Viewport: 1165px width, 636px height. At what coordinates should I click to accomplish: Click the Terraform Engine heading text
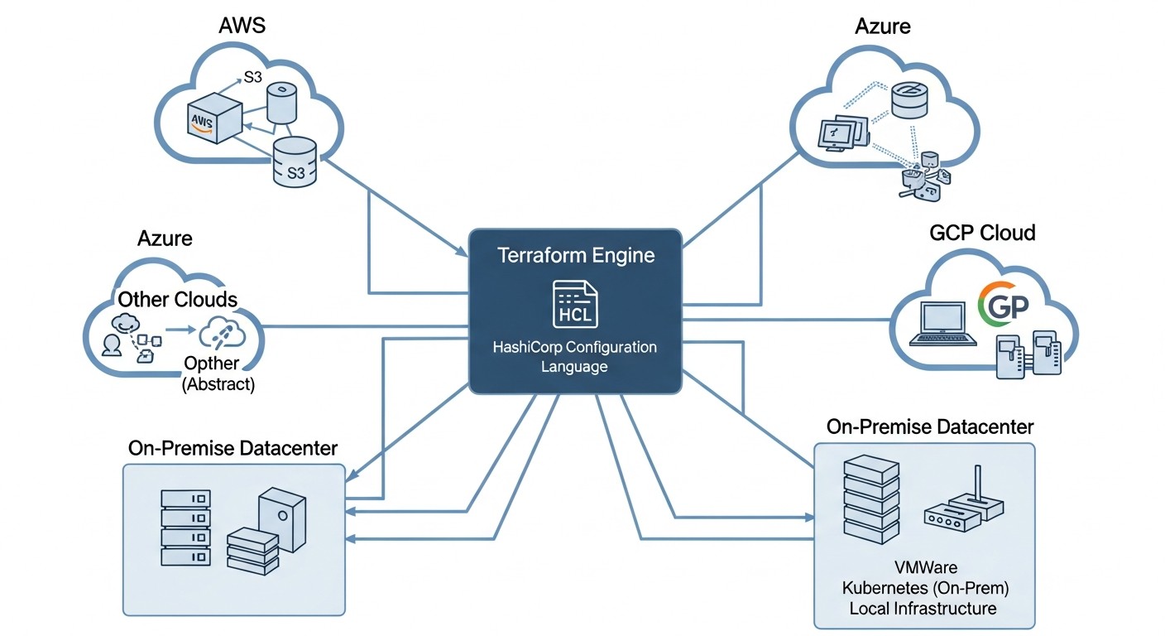575,255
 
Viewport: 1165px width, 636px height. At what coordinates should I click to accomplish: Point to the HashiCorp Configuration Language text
574,356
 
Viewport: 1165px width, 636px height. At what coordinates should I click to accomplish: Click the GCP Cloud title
982,233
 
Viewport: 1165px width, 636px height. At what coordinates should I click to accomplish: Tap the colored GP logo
1002,307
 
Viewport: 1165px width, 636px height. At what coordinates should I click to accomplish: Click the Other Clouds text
177,299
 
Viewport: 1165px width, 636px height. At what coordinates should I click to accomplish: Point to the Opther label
211,364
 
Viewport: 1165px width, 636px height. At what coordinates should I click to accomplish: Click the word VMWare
926,568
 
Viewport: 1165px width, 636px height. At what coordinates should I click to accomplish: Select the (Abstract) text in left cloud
218,383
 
